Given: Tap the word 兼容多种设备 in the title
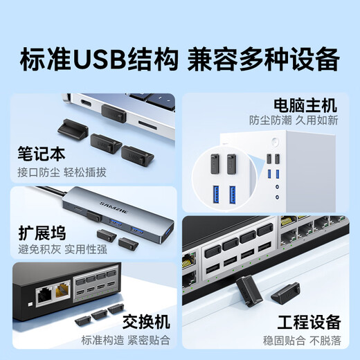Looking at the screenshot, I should [263, 57].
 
